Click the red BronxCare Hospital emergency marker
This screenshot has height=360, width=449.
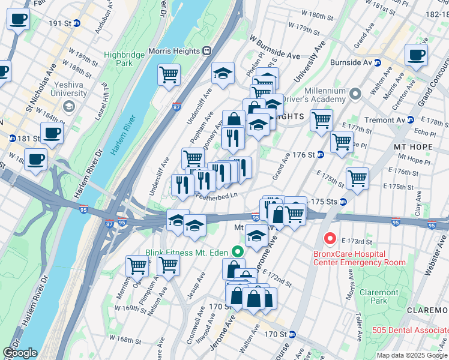(330, 239)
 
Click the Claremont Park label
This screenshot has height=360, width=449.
(379, 296)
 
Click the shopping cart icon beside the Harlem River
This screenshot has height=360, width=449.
(169, 74)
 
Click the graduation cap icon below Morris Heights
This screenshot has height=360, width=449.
(223, 73)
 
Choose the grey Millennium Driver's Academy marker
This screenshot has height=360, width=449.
(355, 94)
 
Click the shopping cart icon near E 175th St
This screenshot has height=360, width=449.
(357, 178)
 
